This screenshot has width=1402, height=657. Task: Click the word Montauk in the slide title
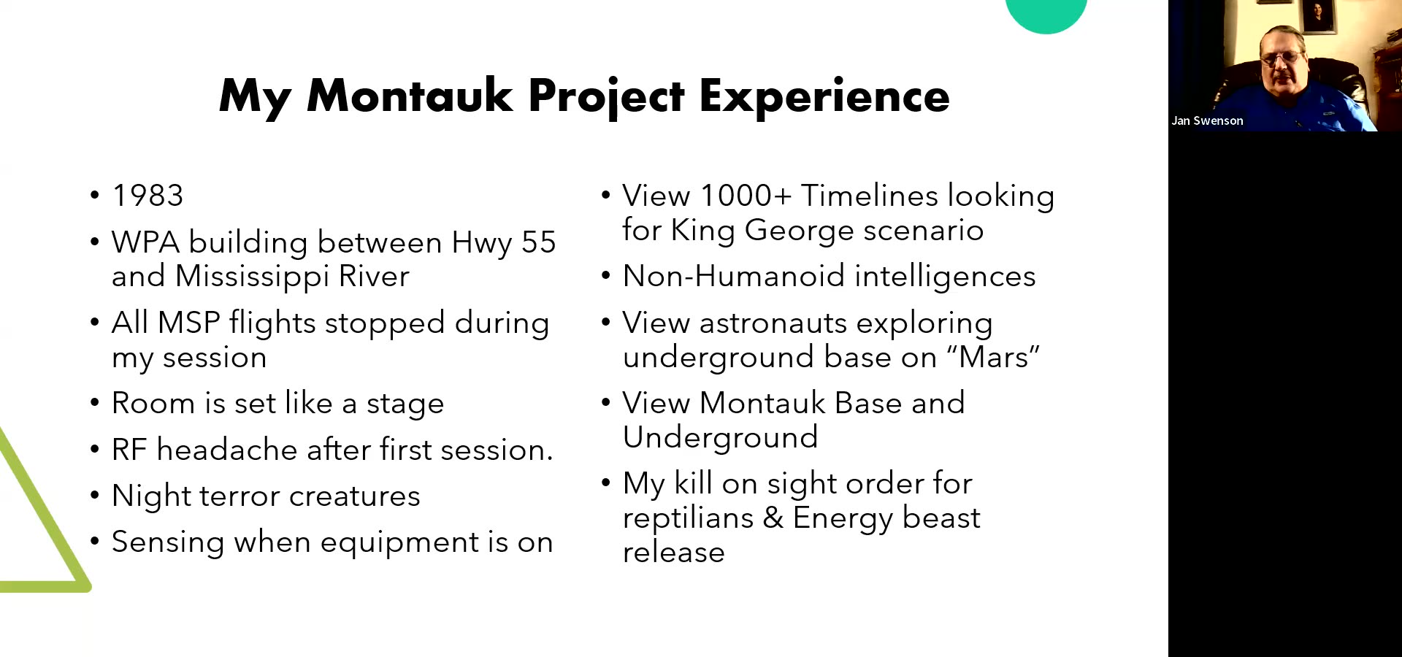(x=410, y=96)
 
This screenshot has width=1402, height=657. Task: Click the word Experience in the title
(x=824, y=96)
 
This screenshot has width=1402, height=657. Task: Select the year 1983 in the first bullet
(x=148, y=196)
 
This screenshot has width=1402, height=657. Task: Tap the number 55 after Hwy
(x=539, y=242)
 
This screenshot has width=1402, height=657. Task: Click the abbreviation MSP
(x=189, y=323)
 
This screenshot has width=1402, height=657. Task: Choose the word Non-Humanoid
(x=734, y=277)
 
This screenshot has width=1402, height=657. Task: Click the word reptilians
(x=688, y=518)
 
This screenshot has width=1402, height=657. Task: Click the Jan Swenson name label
(x=1207, y=121)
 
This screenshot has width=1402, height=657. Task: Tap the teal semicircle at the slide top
(x=1046, y=15)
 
